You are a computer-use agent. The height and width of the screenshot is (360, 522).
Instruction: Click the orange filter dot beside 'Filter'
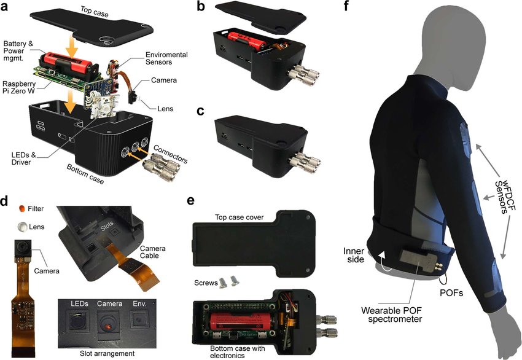[21, 208]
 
